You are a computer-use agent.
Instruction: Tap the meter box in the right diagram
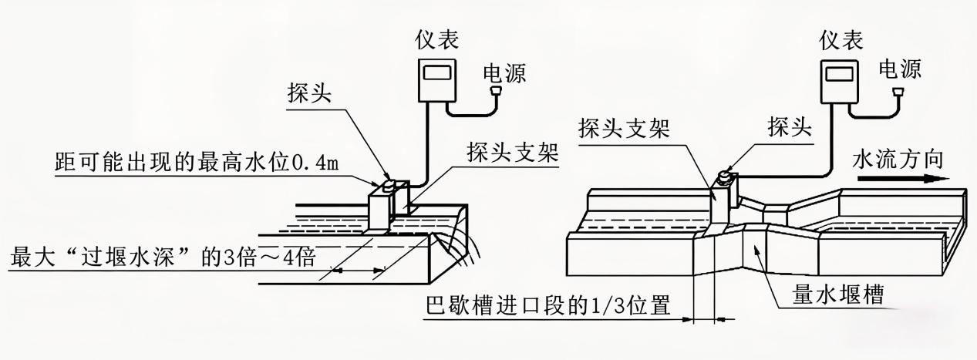[x=840, y=80]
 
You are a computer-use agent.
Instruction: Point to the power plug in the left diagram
[x=497, y=94]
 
